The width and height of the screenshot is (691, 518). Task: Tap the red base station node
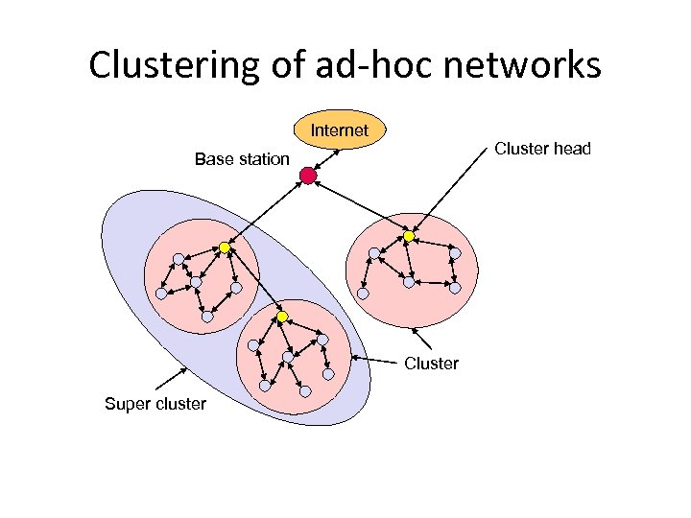pos(307,176)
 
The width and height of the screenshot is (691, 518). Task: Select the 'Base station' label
pos(242,159)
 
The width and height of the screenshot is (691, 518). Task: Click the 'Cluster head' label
pos(542,149)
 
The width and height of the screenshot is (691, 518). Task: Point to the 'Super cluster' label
pos(155,404)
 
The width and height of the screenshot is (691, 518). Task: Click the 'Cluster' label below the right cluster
pos(431,364)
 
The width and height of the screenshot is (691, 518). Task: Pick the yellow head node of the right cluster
pos(408,236)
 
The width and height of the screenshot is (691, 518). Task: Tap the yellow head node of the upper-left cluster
pos(225,247)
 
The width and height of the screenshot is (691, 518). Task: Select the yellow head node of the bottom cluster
pos(282,317)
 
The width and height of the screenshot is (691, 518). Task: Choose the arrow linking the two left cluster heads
pos(253,282)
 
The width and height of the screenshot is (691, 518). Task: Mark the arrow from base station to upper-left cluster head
pos(266,211)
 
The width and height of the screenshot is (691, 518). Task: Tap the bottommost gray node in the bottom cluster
pos(305,390)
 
